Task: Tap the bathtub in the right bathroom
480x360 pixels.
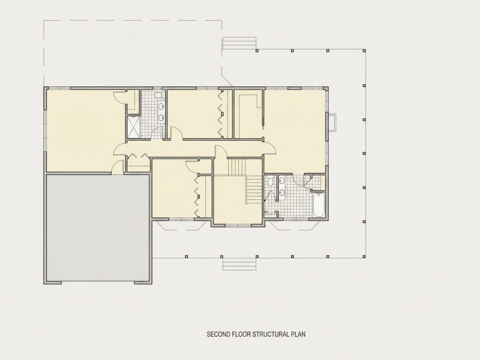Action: pos(319,205)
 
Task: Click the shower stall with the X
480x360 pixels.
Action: pos(134,127)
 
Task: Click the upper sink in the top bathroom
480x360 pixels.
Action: pos(161,106)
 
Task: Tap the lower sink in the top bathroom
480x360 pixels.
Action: pos(161,117)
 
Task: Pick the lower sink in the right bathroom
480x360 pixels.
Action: pos(281,192)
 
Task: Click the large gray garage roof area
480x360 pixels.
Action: pos(98,228)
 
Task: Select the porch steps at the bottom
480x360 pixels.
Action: pos(239,264)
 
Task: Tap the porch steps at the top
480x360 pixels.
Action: pos(239,43)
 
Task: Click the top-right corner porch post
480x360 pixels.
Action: pos(364,51)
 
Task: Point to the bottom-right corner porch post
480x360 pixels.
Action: pos(364,256)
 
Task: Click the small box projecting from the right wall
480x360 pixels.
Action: pos(332,123)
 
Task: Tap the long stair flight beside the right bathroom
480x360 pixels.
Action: pos(254,189)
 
